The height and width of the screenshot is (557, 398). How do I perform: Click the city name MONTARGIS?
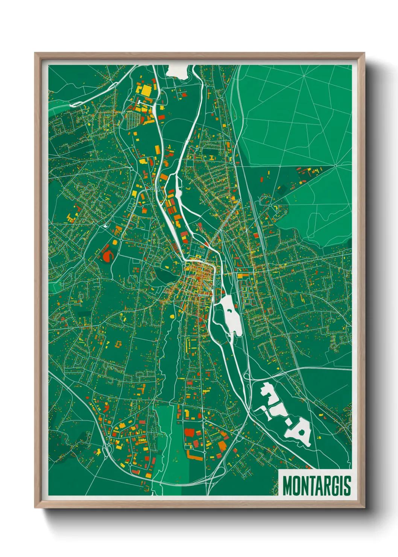(316, 486)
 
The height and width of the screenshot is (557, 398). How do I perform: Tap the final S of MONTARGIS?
(347, 486)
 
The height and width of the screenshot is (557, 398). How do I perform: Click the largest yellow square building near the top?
(145, 90)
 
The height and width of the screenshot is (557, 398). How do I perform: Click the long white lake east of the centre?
(230, 315)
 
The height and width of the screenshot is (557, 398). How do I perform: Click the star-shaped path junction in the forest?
(335, 165)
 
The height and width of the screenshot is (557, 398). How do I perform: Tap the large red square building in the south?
(190, 432)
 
